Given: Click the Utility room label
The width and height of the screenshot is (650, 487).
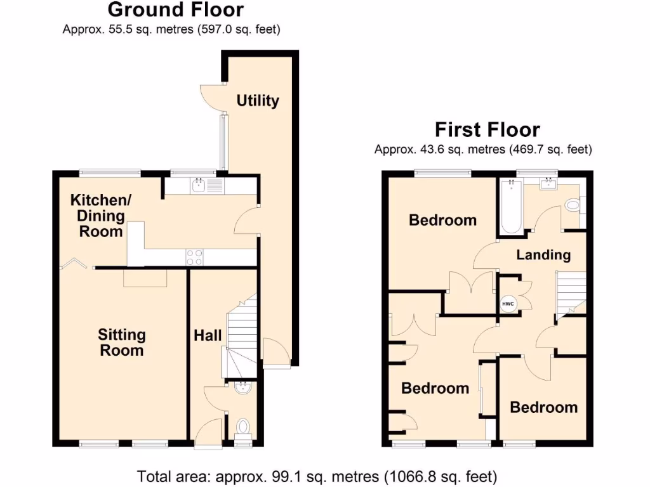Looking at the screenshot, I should point(258,101).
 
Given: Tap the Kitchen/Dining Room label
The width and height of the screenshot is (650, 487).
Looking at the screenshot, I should point(100,216).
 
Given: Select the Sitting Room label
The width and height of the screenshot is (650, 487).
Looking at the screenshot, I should point(121,342).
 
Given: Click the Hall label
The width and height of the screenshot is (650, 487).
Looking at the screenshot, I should point(208,335).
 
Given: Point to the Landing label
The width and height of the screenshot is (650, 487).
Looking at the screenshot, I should point(543,255).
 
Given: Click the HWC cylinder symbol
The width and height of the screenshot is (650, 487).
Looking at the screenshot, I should point(508,304).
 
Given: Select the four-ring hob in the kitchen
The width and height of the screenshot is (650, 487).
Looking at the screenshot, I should point(195,257).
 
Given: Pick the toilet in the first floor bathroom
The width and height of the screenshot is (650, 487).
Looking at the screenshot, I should point(573,205).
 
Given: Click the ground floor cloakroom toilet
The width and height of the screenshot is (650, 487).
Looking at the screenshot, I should point(242,429).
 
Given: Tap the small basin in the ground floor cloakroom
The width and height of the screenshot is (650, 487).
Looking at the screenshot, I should point(242,388).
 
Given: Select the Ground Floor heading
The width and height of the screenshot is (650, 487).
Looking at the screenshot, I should point(175,10).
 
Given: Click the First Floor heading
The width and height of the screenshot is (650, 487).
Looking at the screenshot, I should point(487,130).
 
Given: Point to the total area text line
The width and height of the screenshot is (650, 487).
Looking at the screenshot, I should point(317,476).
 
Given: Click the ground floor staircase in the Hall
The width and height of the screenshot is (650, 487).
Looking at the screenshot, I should point(242,336).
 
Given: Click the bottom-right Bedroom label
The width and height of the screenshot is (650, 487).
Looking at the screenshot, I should point(544,407).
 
